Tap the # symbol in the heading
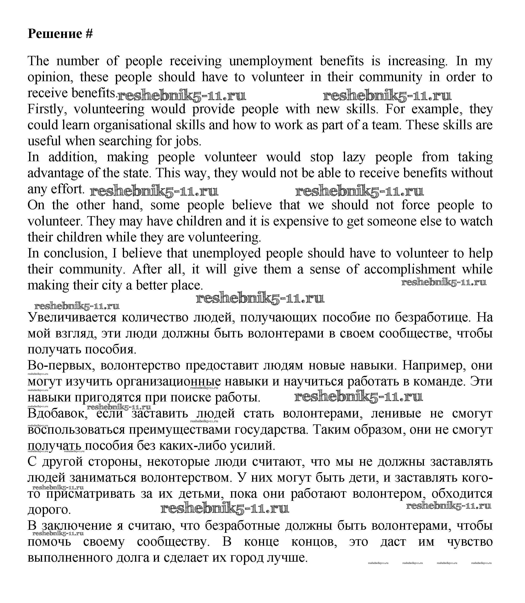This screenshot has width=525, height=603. [x=89, y=34]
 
